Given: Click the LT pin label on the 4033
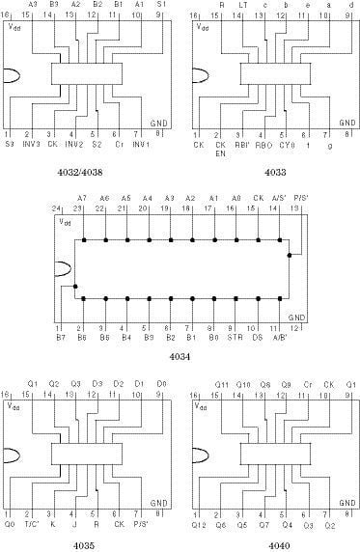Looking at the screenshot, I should (x=243, y=5).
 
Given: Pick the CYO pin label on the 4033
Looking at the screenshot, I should (x=287, y=145).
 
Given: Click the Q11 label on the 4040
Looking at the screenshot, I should (x=221, y=384).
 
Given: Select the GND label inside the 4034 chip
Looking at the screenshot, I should (x=296, y=317).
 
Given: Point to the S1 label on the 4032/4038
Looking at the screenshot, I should (x=160, y=5).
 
